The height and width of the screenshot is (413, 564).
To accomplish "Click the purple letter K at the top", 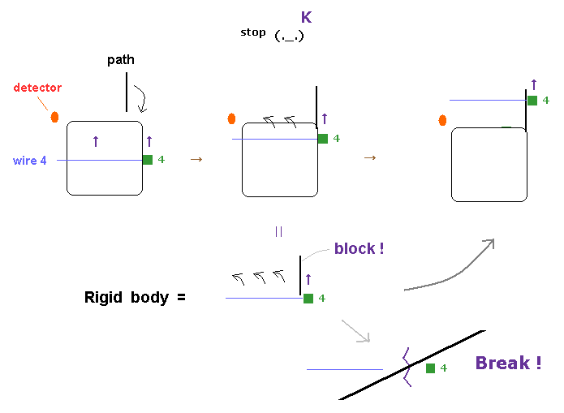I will (306, 17).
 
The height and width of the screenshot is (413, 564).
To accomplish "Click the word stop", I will (252, 32).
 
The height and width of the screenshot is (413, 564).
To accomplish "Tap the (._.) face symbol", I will (289, 36).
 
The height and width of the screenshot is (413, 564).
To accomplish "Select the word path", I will (121, 60).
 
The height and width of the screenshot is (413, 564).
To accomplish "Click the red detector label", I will (37, 88).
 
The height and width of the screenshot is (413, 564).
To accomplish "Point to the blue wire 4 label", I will (29, 161).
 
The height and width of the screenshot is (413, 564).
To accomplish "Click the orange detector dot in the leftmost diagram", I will (54, 117).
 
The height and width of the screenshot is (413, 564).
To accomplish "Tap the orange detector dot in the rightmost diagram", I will (442, 120).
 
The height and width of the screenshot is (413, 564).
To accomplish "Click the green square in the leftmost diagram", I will (147, 160).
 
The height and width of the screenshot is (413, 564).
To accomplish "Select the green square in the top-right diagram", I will (532, 101).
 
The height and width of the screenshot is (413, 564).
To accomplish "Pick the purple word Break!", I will (508, 364).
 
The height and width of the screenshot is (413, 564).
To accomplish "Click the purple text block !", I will (359, 248).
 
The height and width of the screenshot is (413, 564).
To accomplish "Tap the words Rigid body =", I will (135, 298).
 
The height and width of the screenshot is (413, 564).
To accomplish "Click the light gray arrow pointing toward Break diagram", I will (355, 331).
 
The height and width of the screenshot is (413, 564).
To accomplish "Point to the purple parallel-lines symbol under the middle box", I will (278, 231).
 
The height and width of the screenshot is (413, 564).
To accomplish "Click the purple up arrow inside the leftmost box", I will (96, 141).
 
